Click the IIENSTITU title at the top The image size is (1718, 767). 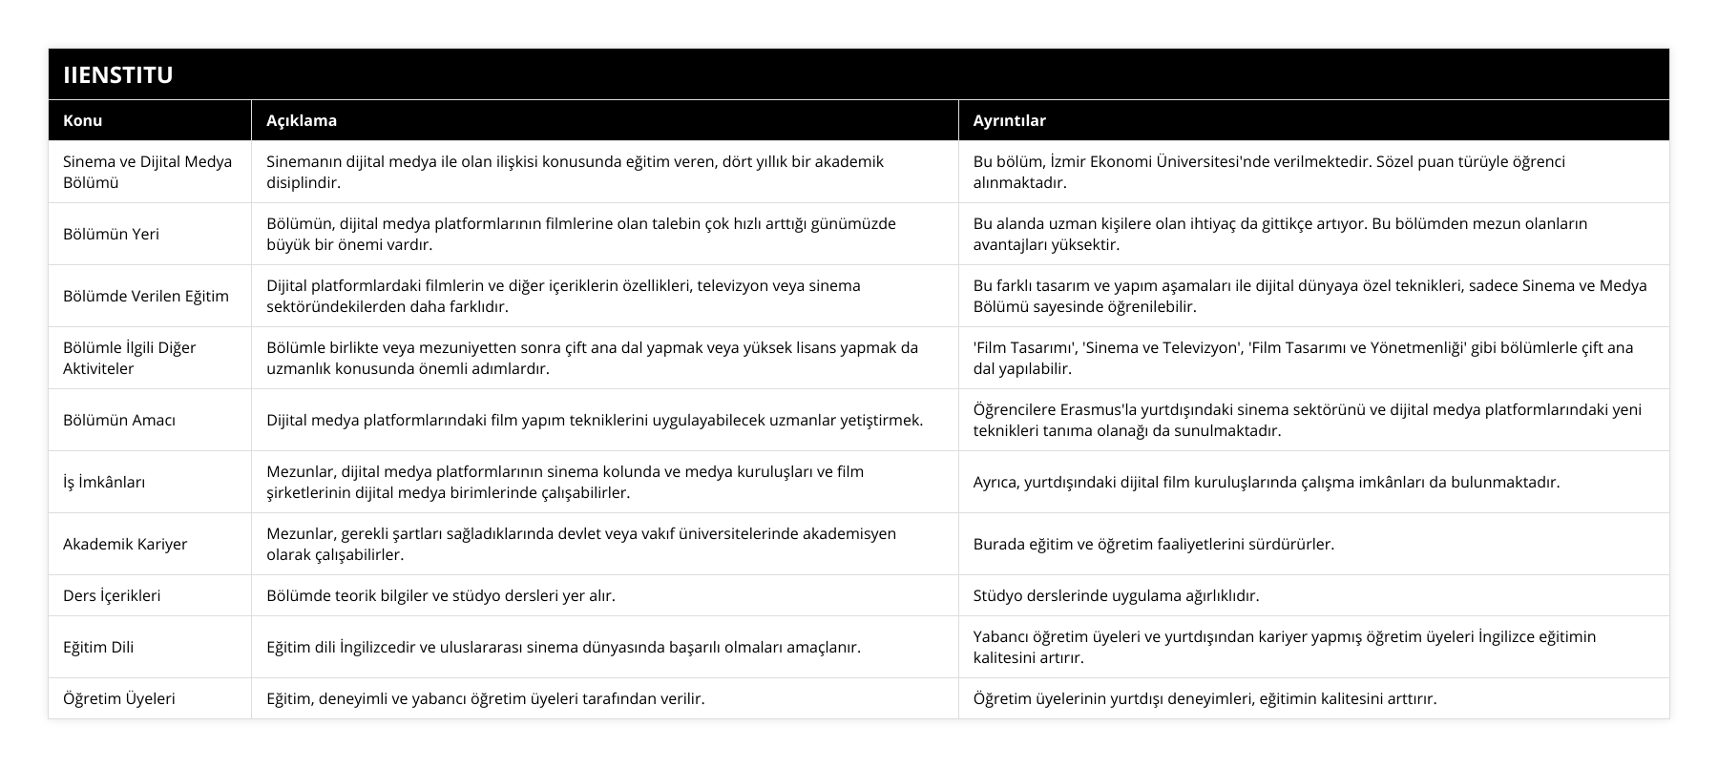[117, 74]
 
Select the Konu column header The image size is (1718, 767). [82, 120]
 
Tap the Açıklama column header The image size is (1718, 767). [301, 120]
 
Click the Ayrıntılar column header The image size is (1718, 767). [1009, 120]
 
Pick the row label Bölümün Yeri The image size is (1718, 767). [111, 234]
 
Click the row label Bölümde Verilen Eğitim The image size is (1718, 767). [146, 296]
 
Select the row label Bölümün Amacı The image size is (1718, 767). [119, 420]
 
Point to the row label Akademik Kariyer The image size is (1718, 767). [125, 544]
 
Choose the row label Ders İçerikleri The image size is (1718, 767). [112, 595]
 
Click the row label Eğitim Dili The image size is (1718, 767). [98, 647]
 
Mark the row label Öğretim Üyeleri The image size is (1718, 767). [119, 698]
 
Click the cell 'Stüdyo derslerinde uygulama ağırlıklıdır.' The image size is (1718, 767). [1116, 595]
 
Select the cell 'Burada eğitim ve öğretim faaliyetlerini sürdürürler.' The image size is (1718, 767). [1153, 544]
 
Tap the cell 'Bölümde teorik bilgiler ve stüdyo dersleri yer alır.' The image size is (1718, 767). [440, 595]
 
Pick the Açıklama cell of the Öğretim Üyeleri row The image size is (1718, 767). [485, 698]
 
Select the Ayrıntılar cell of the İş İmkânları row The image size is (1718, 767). [1266, 482]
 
